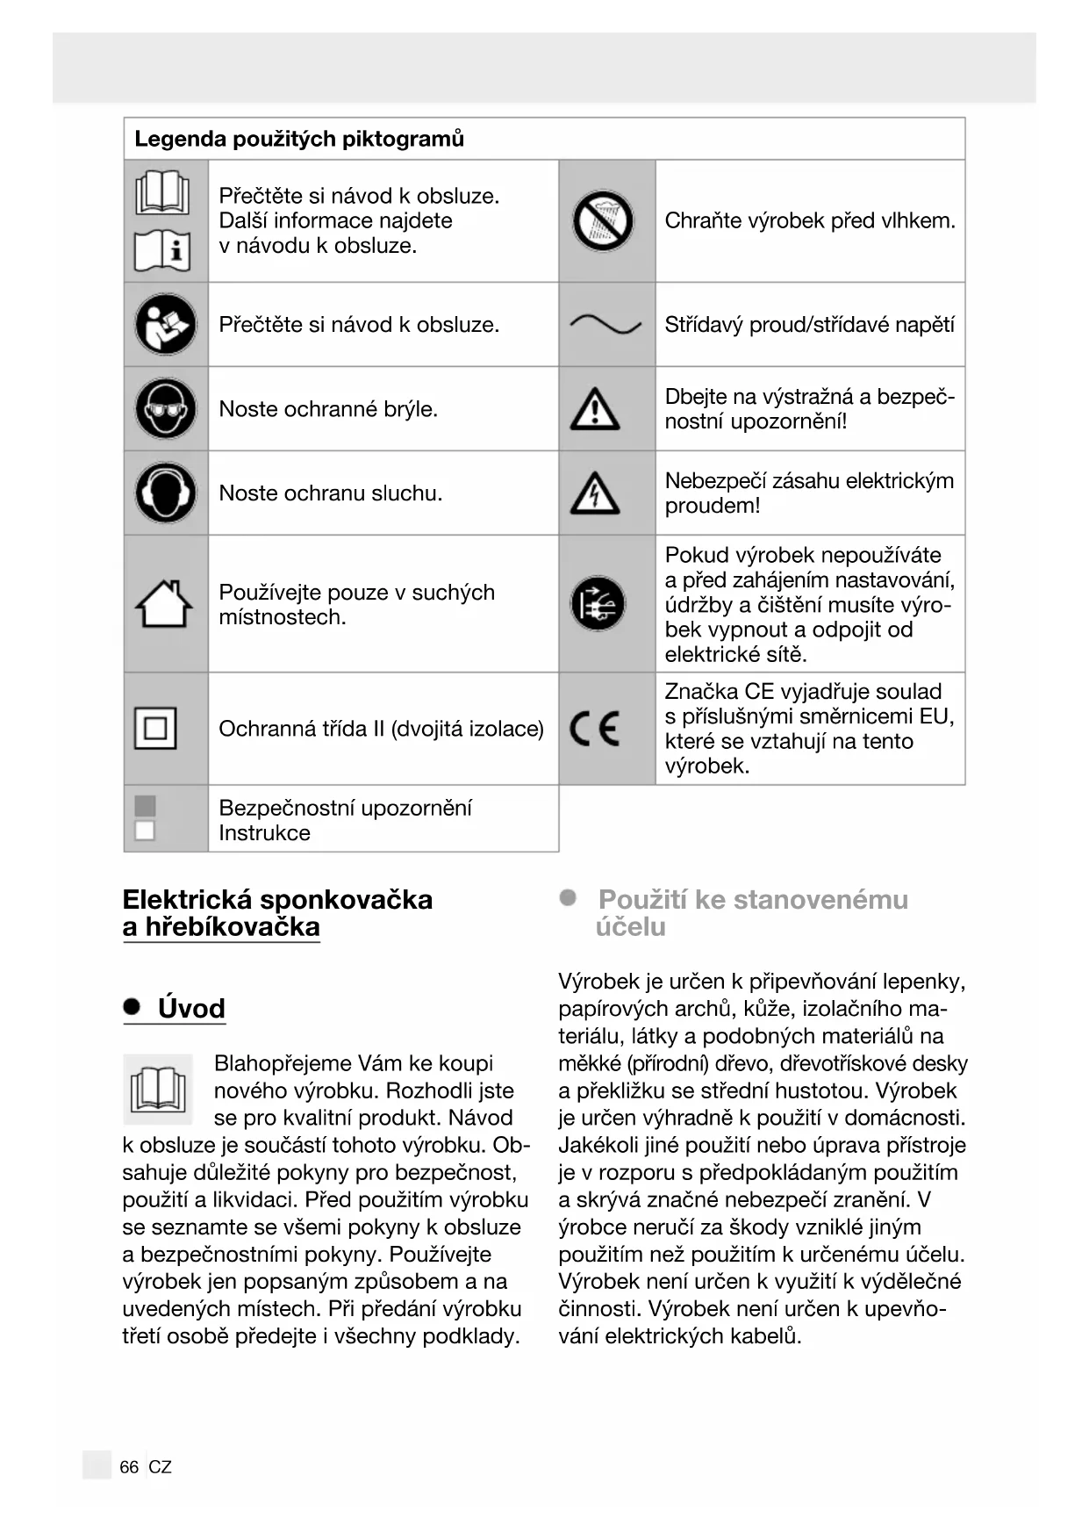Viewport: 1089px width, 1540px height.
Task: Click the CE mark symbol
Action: coord(595,728)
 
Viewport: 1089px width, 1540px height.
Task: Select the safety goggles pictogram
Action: coord(166,408)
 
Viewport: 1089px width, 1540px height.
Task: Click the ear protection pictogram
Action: coord(166,493)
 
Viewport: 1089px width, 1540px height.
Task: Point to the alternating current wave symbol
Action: coord(605,325)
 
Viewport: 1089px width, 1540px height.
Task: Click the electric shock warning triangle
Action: coord(595,493)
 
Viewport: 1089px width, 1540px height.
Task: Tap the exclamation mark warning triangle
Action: coord(595,409)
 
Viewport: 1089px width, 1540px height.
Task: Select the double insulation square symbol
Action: coord(155,728)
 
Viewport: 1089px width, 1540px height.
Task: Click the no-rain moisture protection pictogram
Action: coord(604,220)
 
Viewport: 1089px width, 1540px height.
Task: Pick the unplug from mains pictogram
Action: coord(598,604)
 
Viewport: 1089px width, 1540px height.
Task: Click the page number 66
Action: coord(129,1467)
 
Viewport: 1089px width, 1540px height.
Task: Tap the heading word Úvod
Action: coord(191,1008)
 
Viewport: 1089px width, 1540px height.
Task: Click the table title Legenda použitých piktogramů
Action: coord(299,139)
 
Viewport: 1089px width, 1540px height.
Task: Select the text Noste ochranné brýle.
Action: coord(328,409)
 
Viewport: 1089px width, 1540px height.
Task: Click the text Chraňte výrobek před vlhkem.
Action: coord(809,220)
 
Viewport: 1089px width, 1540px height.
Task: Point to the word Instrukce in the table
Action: coord(264,832)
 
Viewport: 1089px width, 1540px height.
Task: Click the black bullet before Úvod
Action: coord(132,1007)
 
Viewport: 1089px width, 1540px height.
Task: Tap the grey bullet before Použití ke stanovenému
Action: coord(569,897)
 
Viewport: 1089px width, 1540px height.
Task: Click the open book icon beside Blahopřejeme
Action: coord(158,1090)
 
